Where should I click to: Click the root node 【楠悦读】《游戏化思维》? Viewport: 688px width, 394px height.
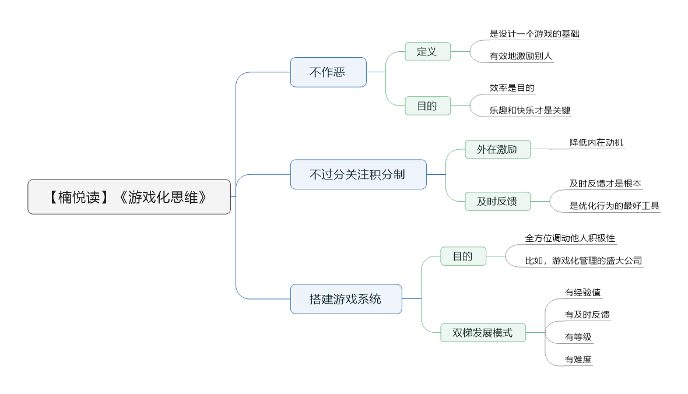(129, 196)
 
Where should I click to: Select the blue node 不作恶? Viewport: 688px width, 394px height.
(328, 72)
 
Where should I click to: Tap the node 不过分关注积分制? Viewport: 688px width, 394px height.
(358, 174)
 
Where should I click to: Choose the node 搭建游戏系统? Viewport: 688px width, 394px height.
(346, 299)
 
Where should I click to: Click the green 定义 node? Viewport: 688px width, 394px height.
(427, 51)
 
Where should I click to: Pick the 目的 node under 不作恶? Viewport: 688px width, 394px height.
(427, 105)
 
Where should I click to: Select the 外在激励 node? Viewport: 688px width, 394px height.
(497, 149)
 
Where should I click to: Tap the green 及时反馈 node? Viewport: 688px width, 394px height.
(497, 202)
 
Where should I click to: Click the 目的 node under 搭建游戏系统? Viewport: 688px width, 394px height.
(464, 256)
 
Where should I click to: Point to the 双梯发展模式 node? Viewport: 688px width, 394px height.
(483, 333)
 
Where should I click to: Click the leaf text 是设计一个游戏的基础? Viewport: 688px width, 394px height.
(535, 34)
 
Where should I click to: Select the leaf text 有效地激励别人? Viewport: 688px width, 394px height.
(521, 56)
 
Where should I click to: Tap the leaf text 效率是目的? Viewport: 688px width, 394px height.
(512, 88)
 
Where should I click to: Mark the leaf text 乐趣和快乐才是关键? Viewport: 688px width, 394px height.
(530, 110)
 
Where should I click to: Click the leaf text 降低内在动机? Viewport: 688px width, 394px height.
(596, 143)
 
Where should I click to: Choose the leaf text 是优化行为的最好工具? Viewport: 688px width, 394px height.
(615, 206)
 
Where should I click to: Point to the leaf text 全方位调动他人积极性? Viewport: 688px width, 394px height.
(570, 238)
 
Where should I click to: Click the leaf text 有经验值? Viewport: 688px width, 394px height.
(582, 293)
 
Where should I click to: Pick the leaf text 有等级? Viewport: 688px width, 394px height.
(578, 337)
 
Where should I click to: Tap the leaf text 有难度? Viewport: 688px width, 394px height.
(578, 360)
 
